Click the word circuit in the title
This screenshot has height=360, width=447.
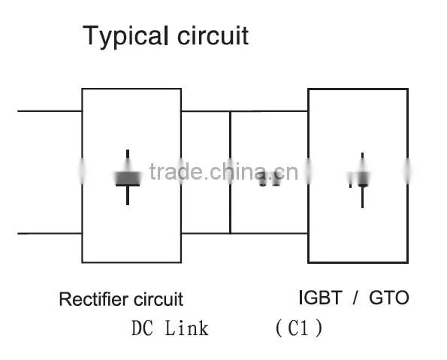click(213, 35)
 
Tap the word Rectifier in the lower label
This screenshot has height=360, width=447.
click(93, 299)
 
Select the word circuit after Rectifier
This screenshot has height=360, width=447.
click(159, 299)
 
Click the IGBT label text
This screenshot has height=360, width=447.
click(320, 298)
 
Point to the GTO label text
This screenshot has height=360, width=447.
click(389, 298)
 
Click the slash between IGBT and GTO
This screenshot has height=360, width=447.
click(355, 298)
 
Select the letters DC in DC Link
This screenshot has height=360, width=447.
click(142, 328)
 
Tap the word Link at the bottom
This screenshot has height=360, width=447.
click(187, 328)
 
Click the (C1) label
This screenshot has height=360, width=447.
click(299, 328)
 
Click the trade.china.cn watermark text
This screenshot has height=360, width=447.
click(224, 171)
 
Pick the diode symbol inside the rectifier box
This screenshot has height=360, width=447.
click(128, 177)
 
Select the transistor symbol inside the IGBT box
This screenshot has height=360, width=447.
click(360, 180)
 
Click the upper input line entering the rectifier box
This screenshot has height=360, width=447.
click(50, 111)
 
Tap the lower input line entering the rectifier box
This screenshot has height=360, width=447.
click(50, 233)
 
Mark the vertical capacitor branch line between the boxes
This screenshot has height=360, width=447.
click(230, 172)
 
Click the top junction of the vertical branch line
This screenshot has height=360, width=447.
click(230, 111)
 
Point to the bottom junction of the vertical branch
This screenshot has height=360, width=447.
click(230, 233)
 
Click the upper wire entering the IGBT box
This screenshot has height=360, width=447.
click(270, 111)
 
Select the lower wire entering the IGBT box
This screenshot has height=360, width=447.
click(270, 233)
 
